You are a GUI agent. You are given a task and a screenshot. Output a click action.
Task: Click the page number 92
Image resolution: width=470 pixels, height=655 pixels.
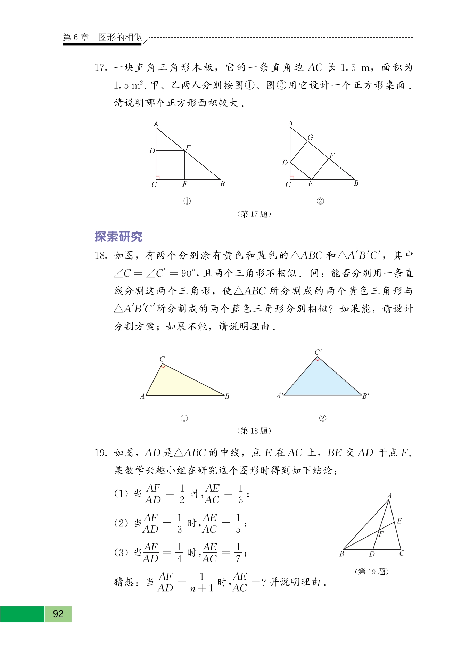tap(58, 614)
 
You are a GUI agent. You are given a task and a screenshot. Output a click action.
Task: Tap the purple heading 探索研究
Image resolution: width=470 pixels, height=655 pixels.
tap(118, 237)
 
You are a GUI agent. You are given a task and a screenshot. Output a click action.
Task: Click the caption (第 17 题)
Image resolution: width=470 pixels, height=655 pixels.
tap(254, 214)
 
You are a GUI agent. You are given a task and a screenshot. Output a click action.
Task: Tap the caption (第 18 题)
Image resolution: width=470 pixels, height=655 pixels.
tap(254, 431)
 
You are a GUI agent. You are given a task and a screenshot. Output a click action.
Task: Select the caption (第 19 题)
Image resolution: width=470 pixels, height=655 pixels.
tap(371, 572)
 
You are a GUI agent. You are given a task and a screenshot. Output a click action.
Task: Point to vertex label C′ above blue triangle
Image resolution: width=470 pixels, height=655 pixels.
tap(318, 352)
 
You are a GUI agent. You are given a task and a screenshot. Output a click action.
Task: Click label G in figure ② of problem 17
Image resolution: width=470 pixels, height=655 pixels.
tap(311, 138)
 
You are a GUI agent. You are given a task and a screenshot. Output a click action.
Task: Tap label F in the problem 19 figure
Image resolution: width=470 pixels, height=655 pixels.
tap(381, 534)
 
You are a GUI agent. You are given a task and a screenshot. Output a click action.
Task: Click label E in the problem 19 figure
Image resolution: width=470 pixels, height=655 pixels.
tap(399, 521)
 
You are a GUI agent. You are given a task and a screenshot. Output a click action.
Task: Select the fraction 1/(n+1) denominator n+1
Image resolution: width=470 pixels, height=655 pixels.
tap(201, 588)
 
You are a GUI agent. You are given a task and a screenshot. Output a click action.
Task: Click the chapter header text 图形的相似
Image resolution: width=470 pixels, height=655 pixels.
tap(120, 37)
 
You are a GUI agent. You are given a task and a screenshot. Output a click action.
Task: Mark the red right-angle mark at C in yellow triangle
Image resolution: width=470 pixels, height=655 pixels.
tap(163, 366)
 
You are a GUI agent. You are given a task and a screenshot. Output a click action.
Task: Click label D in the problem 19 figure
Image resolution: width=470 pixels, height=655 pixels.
tap(372, 554)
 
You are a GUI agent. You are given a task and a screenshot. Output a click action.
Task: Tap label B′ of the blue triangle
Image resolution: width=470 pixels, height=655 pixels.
tap(365, 396)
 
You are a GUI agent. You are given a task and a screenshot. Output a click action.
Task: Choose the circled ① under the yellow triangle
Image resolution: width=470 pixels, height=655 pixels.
tap(184, 418)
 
